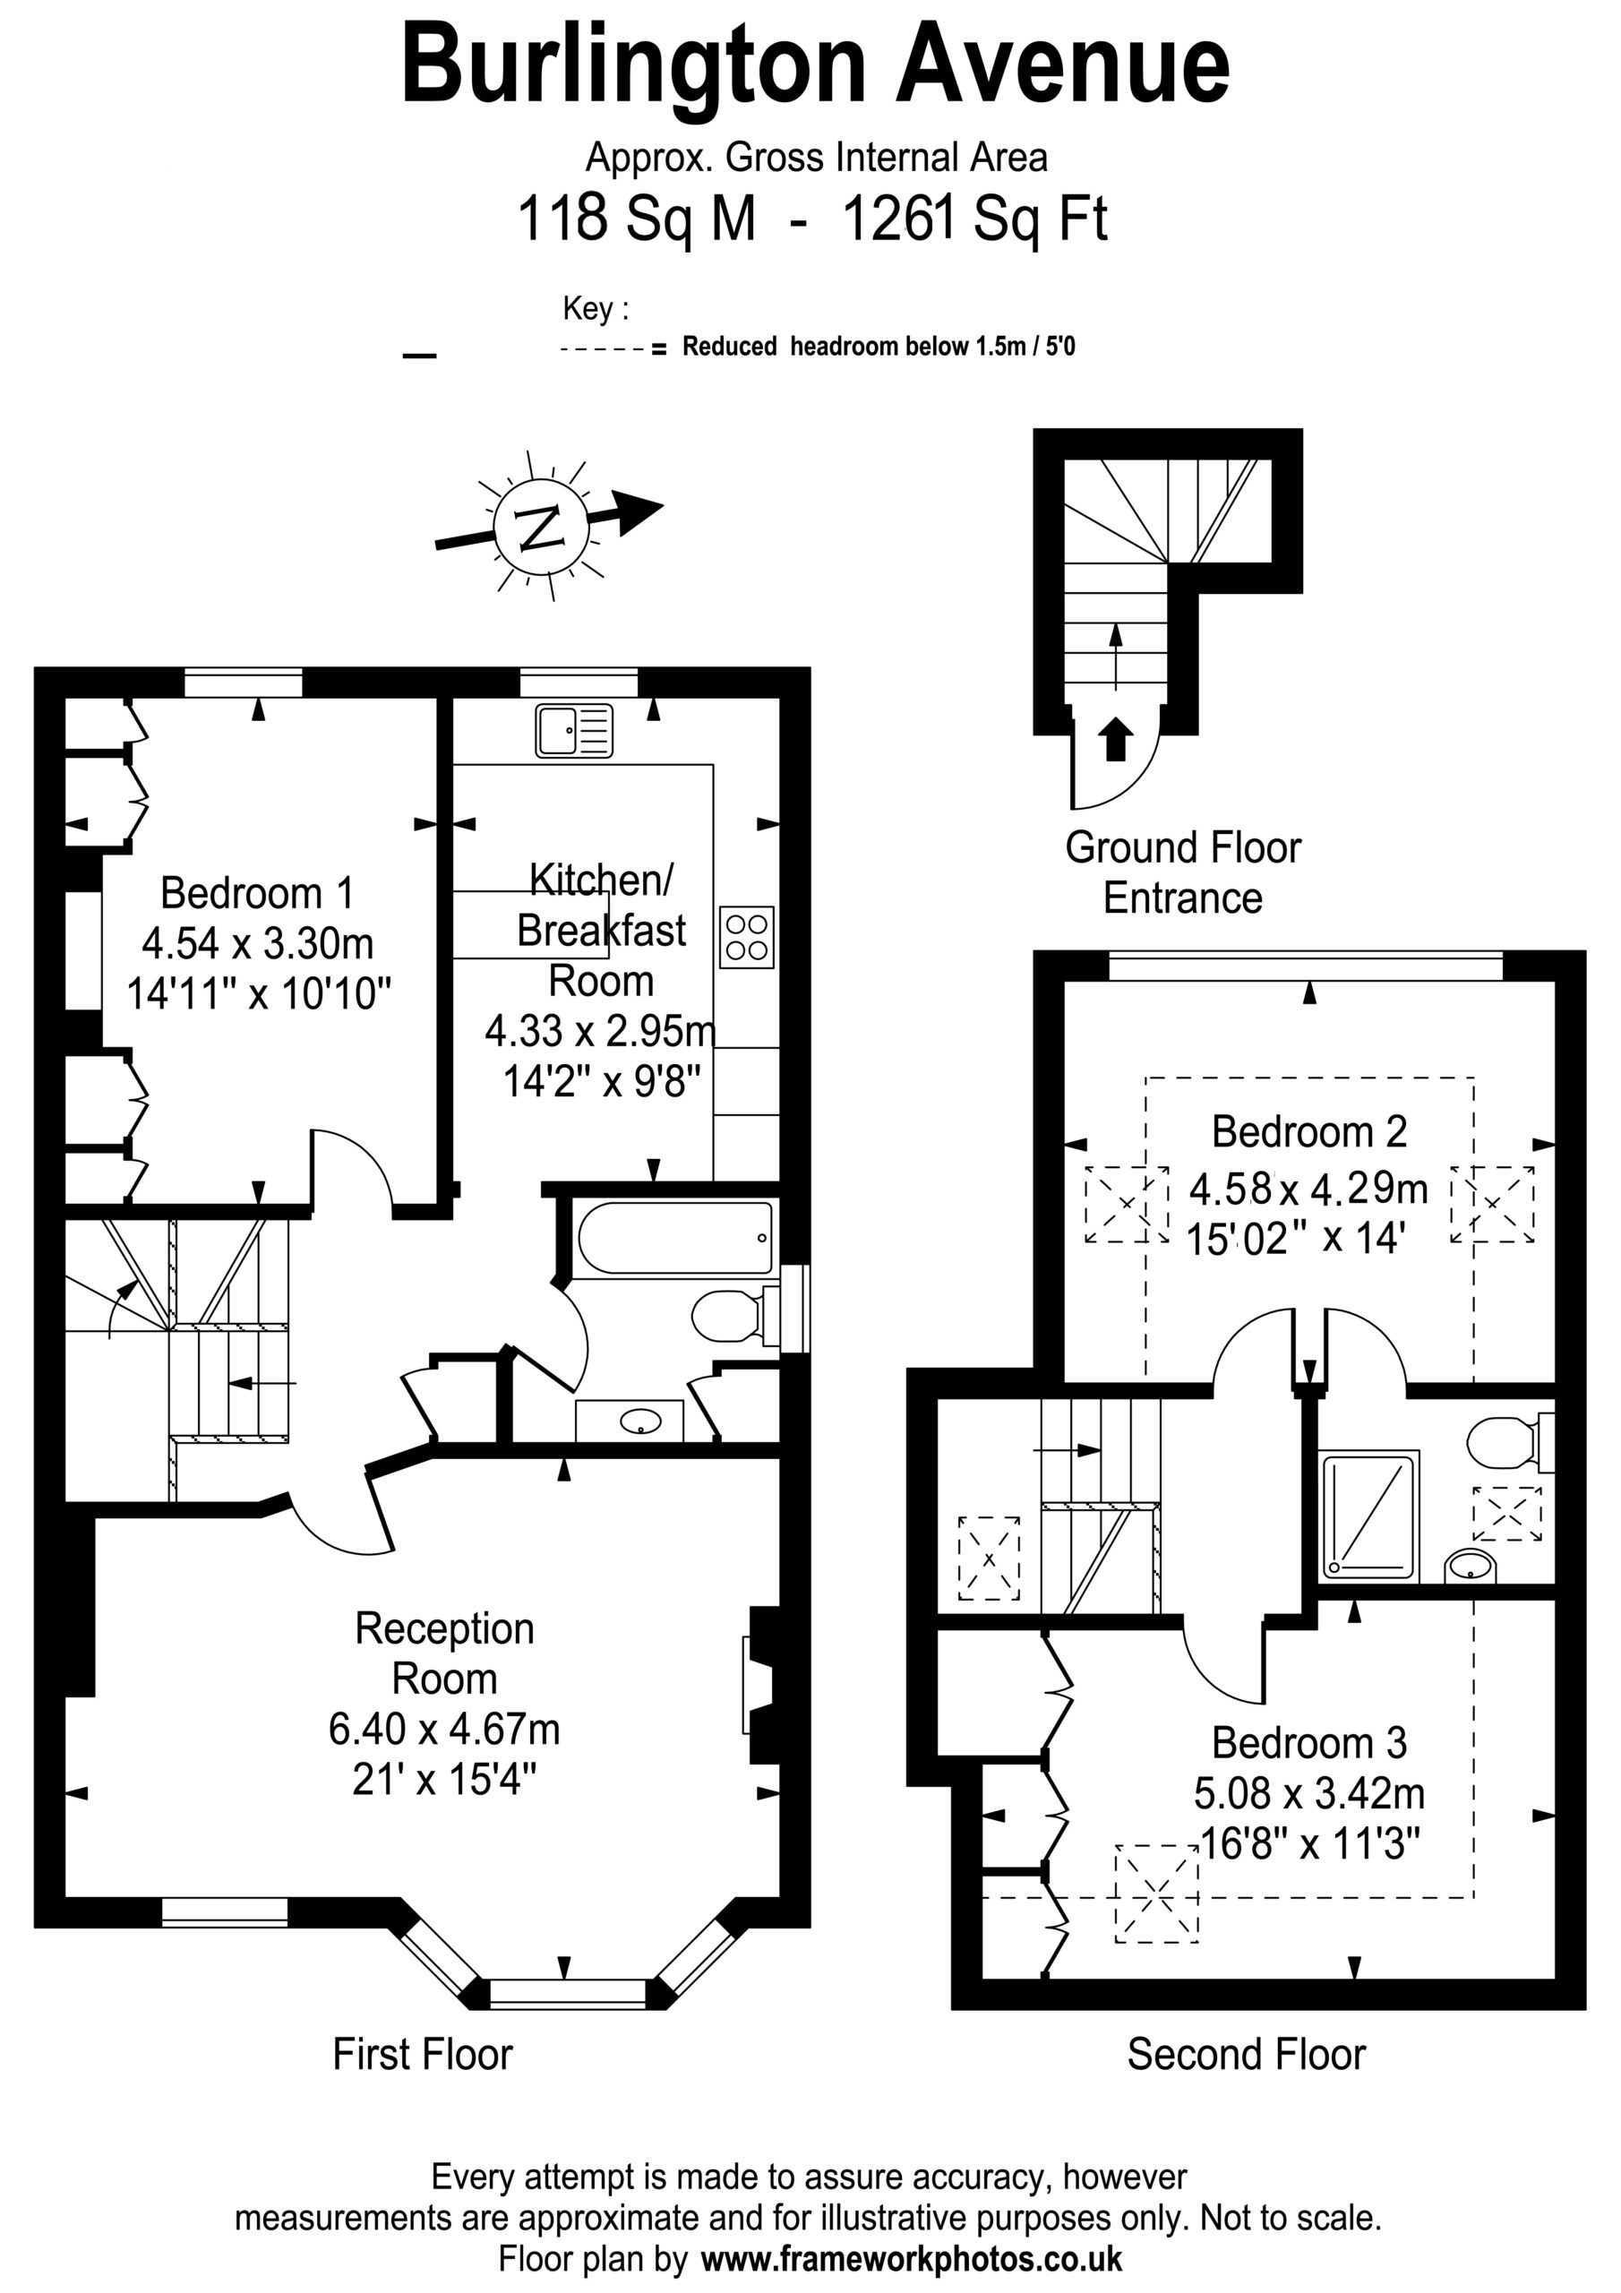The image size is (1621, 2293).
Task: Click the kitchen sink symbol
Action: (x=573, y=730)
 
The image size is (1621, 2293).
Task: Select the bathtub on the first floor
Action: (x=675, y=1239)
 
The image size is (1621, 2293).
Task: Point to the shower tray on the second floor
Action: (x=1368, y=1517)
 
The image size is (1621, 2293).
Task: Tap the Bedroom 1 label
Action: (x=258, y=893)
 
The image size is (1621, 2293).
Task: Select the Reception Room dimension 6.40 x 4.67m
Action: (x=444, y=1729)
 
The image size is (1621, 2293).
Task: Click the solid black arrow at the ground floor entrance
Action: (x=1116, y=740)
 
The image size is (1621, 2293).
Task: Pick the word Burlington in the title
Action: (x=634, y=67)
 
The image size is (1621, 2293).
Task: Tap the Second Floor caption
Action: (x=1247, y=2055)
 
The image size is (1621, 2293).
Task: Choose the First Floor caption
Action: (x=423, y=2055)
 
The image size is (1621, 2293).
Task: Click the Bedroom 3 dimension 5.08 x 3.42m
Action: (x=1309, y=1794)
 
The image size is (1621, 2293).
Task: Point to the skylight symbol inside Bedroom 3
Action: (x=1156, y=1893)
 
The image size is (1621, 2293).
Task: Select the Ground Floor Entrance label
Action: (x=1184, y=872)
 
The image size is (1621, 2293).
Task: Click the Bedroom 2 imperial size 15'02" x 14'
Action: (x=1297, y=1239)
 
